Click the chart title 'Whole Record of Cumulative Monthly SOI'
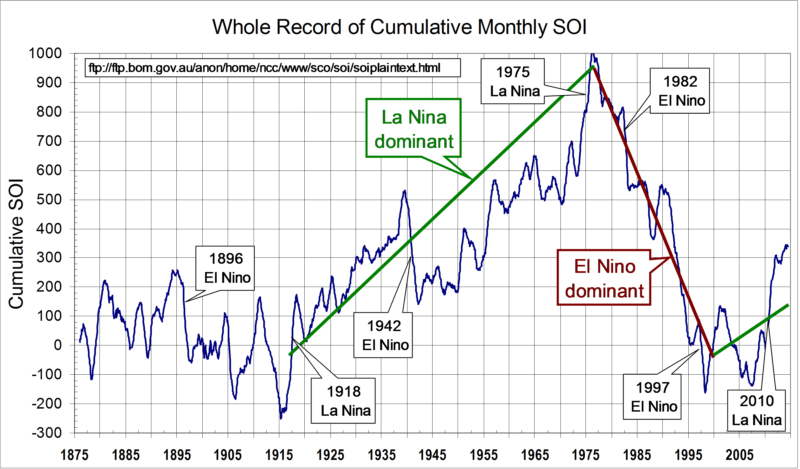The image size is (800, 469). point(399,27)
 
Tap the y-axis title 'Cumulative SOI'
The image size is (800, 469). point(16,244)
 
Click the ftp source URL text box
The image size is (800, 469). point(272,68)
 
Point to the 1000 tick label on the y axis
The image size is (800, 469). point(45,53)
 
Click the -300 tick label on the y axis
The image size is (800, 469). point(47,433)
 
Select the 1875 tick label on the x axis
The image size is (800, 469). point(74,455)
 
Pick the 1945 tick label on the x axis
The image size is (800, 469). point(432,455)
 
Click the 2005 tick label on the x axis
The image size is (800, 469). point(739,455)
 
